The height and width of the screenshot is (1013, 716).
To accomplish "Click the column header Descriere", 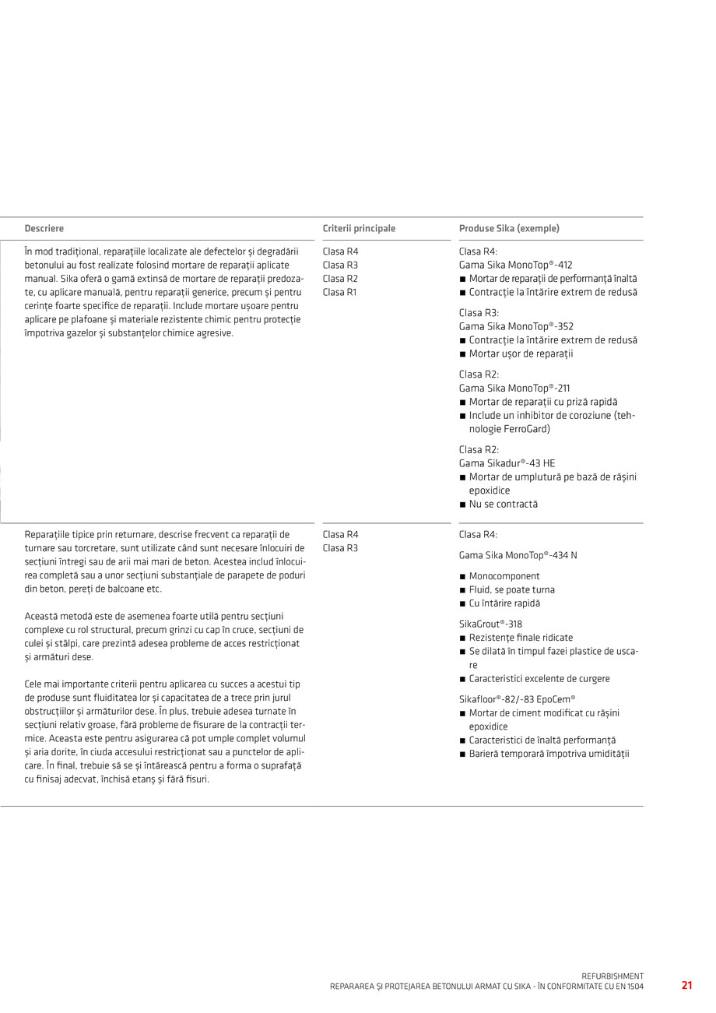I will tap(44, 229).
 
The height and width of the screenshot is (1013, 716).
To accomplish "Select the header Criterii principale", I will tap(359, 229).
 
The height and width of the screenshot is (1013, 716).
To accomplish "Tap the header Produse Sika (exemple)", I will tap(509, 229).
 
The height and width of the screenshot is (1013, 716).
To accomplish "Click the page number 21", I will tap(686, 985).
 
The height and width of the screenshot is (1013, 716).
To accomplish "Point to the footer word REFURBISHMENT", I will tap(612, 976).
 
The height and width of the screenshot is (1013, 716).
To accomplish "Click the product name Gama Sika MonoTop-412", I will tap(515, 265).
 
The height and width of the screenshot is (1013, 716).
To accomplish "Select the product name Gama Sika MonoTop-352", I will tap(516, 326).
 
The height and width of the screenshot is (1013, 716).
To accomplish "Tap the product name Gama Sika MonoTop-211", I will tap(514, 388).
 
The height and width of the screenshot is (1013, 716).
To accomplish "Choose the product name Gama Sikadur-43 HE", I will tap(507, 463).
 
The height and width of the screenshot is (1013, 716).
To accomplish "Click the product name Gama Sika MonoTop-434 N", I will tap(518, 555).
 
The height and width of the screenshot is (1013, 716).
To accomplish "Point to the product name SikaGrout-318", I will tap(490, 624).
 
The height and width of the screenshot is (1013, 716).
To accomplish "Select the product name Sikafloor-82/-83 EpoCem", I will tap(517, 699).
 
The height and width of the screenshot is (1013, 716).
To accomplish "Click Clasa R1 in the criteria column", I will tap(340, 293).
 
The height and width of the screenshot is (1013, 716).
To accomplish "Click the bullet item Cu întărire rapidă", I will tap(504, 603).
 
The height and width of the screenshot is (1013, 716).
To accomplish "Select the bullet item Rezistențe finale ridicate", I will tap(521, 638).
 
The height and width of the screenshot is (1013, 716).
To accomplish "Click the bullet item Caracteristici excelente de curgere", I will tap(539, 679).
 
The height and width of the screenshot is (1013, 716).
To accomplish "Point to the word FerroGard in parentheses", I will tap(525, 429).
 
